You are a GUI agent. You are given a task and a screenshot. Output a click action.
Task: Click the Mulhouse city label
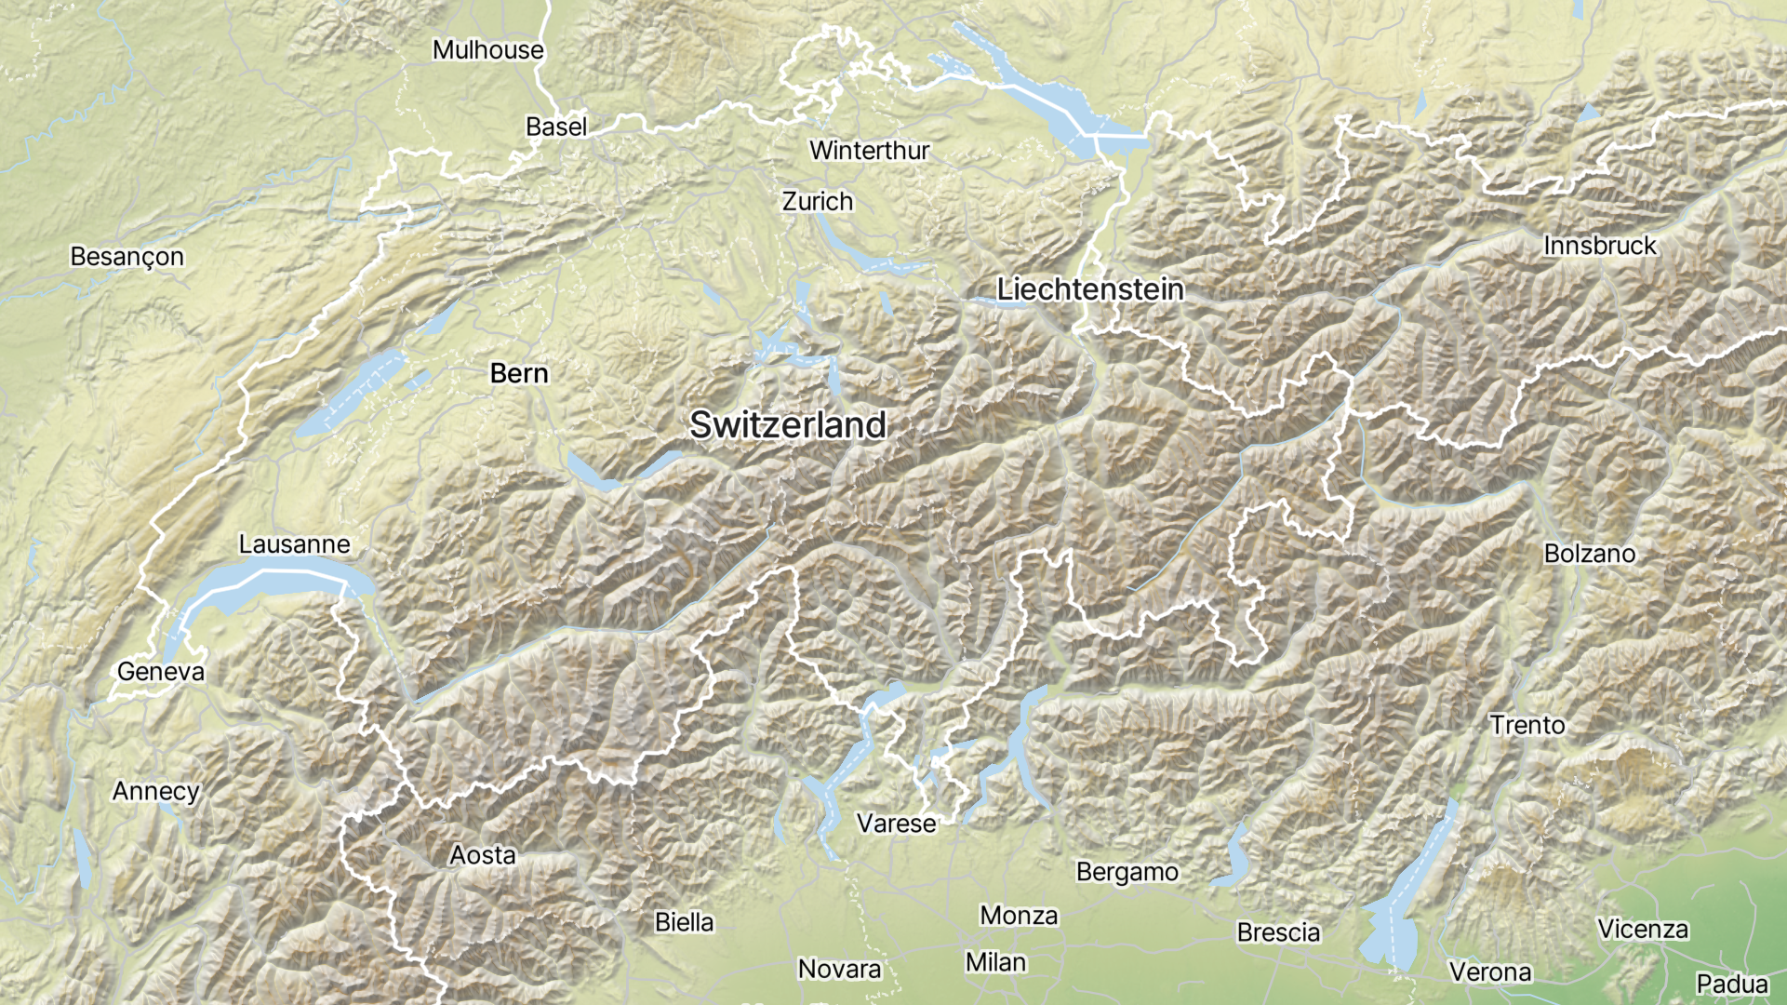(487, 50)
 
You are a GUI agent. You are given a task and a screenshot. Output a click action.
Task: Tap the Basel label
(556, 127)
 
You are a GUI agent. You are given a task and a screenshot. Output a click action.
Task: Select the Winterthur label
(869, 151)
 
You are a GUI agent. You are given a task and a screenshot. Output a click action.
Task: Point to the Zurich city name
(817, 202)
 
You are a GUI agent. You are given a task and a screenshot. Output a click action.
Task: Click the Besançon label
(127, 257)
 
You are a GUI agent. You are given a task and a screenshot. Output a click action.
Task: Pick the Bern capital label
(519, 374)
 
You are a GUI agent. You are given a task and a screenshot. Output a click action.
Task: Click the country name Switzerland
(788, 425)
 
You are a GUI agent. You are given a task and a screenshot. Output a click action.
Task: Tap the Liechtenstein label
(1090, 289)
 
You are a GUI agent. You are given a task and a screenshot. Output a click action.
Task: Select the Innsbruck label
(1599, 246)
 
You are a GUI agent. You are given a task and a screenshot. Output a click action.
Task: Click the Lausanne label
(294, 544)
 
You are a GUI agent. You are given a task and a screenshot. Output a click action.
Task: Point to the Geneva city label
(161, 672)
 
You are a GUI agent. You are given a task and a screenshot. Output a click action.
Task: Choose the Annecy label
(156, 791)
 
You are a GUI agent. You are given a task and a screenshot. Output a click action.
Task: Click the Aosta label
(482, 855)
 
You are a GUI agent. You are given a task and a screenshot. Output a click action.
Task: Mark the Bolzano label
(1589, 554)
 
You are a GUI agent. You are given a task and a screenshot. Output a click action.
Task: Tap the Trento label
(1527, 725)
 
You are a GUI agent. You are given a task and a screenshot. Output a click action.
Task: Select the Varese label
(896, 824)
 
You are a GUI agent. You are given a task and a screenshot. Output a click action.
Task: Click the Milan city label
(995, 962)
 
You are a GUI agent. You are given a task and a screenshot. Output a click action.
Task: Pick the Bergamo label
(1127, 872)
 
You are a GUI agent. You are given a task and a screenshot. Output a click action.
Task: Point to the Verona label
(1489, 972)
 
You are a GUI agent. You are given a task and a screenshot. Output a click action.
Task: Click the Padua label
(1731, 984)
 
